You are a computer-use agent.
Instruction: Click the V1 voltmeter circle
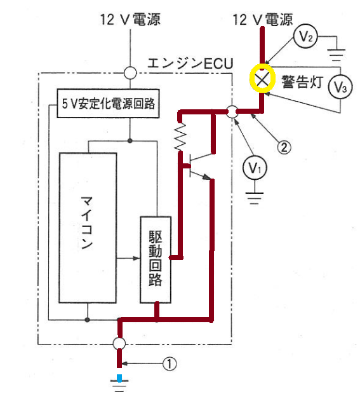pyautogui.click(x=255, y=168)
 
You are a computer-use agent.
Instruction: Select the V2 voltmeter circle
pyautogui.click(x=305, y=36)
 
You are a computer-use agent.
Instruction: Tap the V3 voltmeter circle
pyautogui.click(x=340, y=87)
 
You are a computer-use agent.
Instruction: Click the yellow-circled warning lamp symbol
pyautogui.click(x=262, y=78)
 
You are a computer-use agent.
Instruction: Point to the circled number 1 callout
pyautogui.click(x=170, y=364)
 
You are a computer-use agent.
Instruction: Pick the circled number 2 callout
pyautogui.click(x=284, y=147)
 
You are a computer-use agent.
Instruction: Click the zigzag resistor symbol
pyautogui.click(x=180, y=137)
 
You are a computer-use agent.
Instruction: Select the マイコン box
pyautogui.click(x=88, y=228)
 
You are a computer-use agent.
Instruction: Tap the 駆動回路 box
pyautogui.click(x=156, y=260)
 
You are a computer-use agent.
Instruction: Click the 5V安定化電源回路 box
pyautogui.click(x=108, y=104)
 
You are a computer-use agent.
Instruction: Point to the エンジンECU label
pyautogui.click(x=190, y=63)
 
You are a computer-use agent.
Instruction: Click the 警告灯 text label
pyautogui.click(x=302, y=82)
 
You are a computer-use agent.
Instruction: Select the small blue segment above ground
pyautogui.click(x=119, y=378)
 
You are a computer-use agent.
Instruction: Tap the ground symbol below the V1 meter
pyautogui.click(x=255, y=198)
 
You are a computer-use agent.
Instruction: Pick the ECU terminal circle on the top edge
pyautogui.click(x=130, y=72)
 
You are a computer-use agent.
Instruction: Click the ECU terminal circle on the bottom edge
pyautogui.click(x=119, y=343)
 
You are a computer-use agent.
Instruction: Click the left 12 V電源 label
pyautogui.click(x=131, y=20)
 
